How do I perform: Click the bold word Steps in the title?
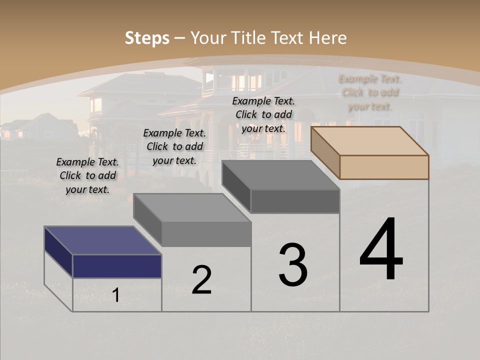[x=147, y=38]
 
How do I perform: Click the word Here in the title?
[x=327, y=38]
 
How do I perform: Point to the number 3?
[x=293, y=265]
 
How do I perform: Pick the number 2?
[x=201, y=280]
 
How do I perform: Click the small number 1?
[x=116, y=295]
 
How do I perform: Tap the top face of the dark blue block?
[x=102, y=240]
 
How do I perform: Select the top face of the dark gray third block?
[x=280, y=175]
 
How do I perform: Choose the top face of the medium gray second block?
[x=192, y=207]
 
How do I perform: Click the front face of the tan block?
[x=384, y=167]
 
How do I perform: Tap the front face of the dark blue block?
[x=117, y=266]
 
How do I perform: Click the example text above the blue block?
[x=87, y=175]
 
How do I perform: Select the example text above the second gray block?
[x=174, y=146]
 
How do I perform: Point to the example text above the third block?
[x=263, y=114]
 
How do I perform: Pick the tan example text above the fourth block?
[x=369, y=92]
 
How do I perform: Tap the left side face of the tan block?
[x=325, y=152]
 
